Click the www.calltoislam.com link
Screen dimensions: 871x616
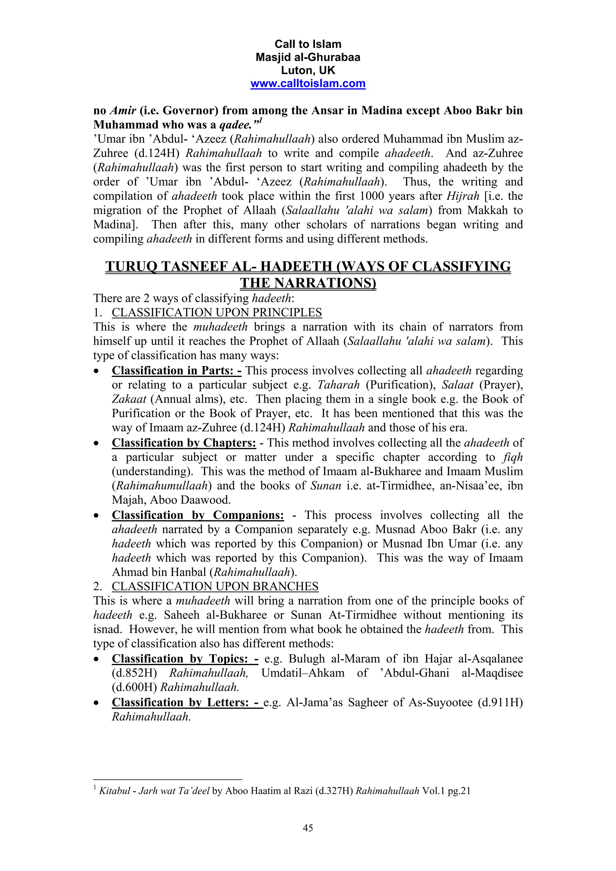(x=308, y=84)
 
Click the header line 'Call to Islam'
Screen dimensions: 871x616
(x=308, y=44)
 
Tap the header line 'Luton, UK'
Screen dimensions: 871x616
(x=308, y=70)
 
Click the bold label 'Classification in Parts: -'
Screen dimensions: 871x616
(x=177, y=370)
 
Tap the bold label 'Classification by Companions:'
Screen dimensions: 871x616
(x=198, y=515)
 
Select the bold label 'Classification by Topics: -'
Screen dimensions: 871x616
(x=185, y=659)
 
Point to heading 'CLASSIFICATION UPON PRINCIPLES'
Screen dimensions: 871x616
(x=217, y=313)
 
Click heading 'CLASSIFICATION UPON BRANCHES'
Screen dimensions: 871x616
(x=215, y=586)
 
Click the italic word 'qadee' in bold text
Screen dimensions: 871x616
(x=236, y=125)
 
